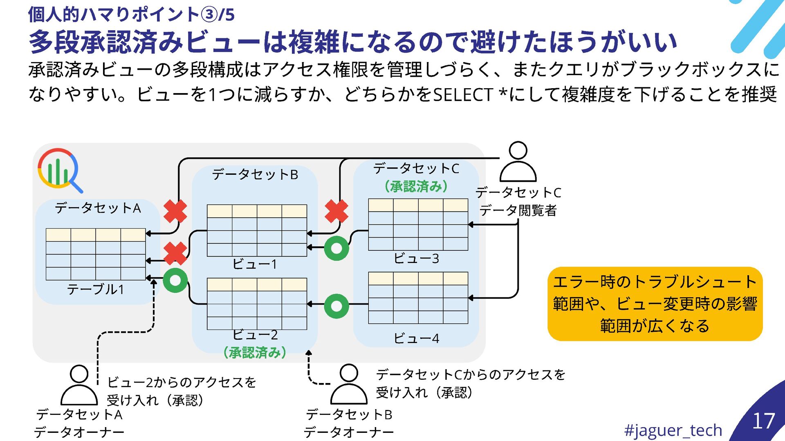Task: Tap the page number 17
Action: click(763, 421)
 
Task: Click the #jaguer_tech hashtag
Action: click(673, 430)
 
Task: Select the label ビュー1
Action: click(255, 264)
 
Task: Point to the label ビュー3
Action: click(416, 258)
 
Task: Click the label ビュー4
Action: click(416, 339)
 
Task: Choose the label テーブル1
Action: click(95, 290)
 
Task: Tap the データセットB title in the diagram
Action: click(255, 175)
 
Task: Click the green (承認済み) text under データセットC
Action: click(416, 187)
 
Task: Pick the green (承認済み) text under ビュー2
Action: click(255, 352)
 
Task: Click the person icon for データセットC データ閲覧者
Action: click(518, 162)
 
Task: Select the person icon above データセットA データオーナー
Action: click(79, 385)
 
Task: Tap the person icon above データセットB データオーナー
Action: click(349, 384)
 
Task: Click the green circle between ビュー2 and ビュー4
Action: click(336, 306)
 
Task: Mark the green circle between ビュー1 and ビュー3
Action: click(336, 248)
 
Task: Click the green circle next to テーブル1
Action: click(175, 281)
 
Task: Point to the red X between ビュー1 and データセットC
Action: click(336, 211)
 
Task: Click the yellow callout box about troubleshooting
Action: click(655, 304)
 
